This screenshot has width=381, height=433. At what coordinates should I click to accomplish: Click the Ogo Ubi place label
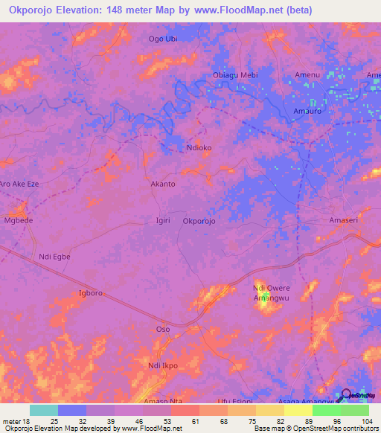click(164, 39)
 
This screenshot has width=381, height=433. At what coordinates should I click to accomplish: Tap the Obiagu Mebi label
click(235, 75)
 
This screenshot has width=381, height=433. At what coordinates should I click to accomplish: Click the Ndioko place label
click(199, 147)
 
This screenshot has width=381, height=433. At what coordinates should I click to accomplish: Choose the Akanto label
click(163, 183)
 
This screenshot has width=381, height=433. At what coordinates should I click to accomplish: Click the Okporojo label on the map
click(199, 220)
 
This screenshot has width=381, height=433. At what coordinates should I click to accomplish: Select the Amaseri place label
click(345, 220)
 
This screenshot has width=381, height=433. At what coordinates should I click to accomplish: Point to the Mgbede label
click(19, 221)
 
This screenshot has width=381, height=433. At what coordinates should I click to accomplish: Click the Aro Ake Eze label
click(18, 183)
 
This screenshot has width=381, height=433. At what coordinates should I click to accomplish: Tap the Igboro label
click(90, 292)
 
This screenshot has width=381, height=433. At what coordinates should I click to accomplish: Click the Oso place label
click(162, 328)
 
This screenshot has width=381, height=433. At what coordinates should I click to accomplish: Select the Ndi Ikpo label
click(163, 365)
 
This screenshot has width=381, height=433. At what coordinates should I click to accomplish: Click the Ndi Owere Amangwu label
click(270, 292)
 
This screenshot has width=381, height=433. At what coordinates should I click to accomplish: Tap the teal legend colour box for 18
click(44, 410)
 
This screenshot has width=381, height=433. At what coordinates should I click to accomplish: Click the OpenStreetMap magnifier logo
click(346, 394)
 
